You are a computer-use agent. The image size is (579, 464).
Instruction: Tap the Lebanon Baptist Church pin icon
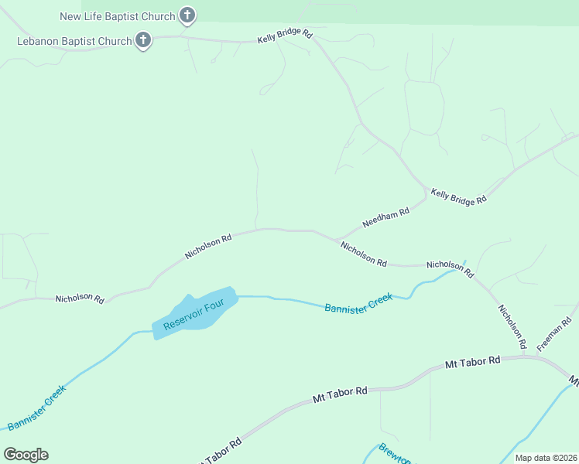[x=142, y=40]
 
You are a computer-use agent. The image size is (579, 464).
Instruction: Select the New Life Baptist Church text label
[x=118, y=15]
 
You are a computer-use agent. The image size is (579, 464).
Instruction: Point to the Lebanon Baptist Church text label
[x=74, y=41]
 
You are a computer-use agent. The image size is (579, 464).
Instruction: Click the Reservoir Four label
[x=194, y=313]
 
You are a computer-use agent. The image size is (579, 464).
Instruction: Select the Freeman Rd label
[x=557, y=333]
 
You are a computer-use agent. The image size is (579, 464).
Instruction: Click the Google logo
[x=26, y=455]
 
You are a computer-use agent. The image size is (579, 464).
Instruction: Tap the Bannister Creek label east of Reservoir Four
[x=358, y=302]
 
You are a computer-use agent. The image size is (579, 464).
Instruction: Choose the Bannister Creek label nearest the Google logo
[x=36, y=407]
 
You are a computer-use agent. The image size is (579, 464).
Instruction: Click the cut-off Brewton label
[x=395, y=453]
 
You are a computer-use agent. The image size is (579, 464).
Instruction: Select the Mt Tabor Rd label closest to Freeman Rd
[x=473, y=361]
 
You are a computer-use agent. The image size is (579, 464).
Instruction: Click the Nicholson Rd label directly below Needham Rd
[x=363, y=253]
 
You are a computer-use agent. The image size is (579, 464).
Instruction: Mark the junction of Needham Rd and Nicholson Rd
[x=335, y=239]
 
